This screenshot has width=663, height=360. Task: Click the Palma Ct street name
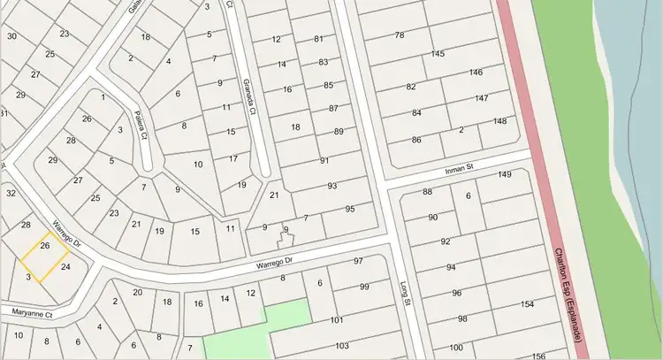(x=139, y=119)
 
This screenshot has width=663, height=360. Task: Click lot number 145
(x=438, y=55)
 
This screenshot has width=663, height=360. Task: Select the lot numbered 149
(x=505, y=174)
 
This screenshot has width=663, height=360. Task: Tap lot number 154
(x=528, y=304)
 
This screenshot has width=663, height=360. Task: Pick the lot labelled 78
(x=400, y=35)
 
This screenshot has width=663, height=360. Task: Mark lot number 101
(x=336, y=320)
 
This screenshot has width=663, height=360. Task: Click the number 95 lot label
(x=350, y=209)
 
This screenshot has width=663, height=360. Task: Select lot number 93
(x=332, y=186)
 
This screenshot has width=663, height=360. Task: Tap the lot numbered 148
(x=500, y=121)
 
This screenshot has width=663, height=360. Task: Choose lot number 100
(x=455, y=347)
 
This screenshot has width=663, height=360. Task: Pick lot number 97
(x=358, y=261)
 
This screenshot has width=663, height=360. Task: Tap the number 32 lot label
(x=11, y=193)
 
